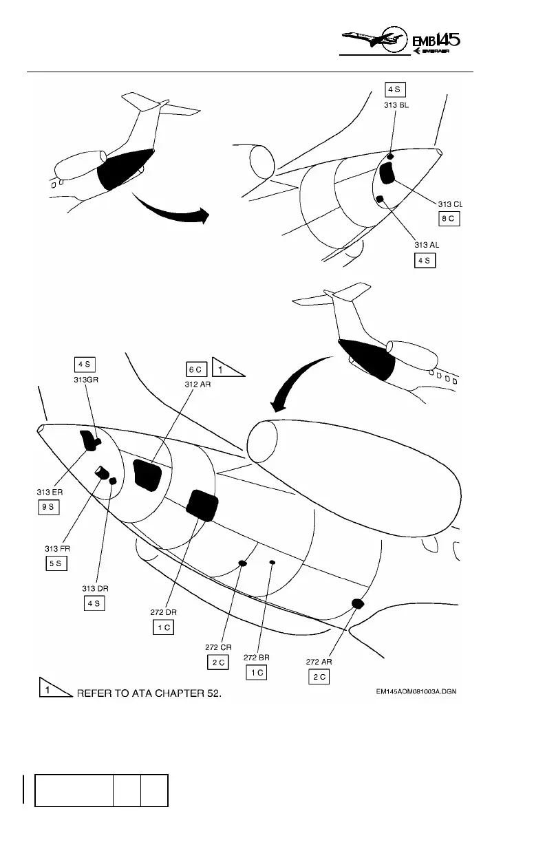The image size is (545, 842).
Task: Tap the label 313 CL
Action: (450, 204)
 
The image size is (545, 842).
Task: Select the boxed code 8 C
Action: (449, 219)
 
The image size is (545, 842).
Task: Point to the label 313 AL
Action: (426, 245)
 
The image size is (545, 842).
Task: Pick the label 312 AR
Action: (197, 385)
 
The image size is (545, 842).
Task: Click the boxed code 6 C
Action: (195, 369)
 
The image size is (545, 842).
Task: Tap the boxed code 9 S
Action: (50, 507)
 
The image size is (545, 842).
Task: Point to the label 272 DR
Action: (162, 612)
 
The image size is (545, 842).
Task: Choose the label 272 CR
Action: (217, 647)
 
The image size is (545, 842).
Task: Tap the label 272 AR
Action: (318, 662)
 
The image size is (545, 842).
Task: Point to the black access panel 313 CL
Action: (388, 174)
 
